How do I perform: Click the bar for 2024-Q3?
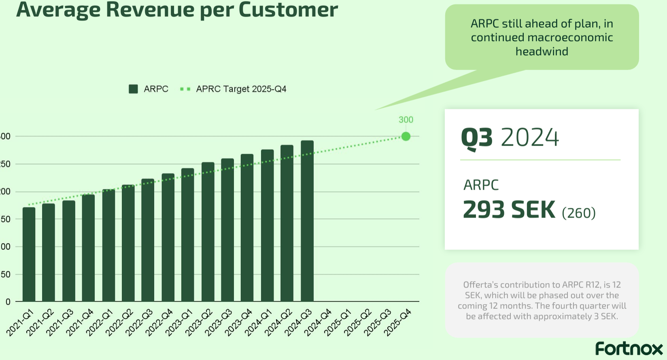[307, 221]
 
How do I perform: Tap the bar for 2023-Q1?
[188, 235]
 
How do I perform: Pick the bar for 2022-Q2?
[128, 243]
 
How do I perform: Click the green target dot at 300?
[406, 137]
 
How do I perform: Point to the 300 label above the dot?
[406, 120]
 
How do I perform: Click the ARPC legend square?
[133, 89]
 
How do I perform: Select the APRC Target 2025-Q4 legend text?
[241, 89]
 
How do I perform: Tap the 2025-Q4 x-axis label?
[398, 322]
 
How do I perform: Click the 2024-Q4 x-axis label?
[318, 322]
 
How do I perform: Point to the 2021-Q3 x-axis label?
[60, 322]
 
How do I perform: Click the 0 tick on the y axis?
[8, 302]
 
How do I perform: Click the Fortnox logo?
[629, 349]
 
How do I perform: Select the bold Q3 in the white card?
[477, 138]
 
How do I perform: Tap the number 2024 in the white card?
[530, 138]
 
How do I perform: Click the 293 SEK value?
[509, 210]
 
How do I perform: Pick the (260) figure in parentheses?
[578, 213]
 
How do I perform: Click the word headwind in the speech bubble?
[542, 52]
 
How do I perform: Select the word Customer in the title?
[288, 10]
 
